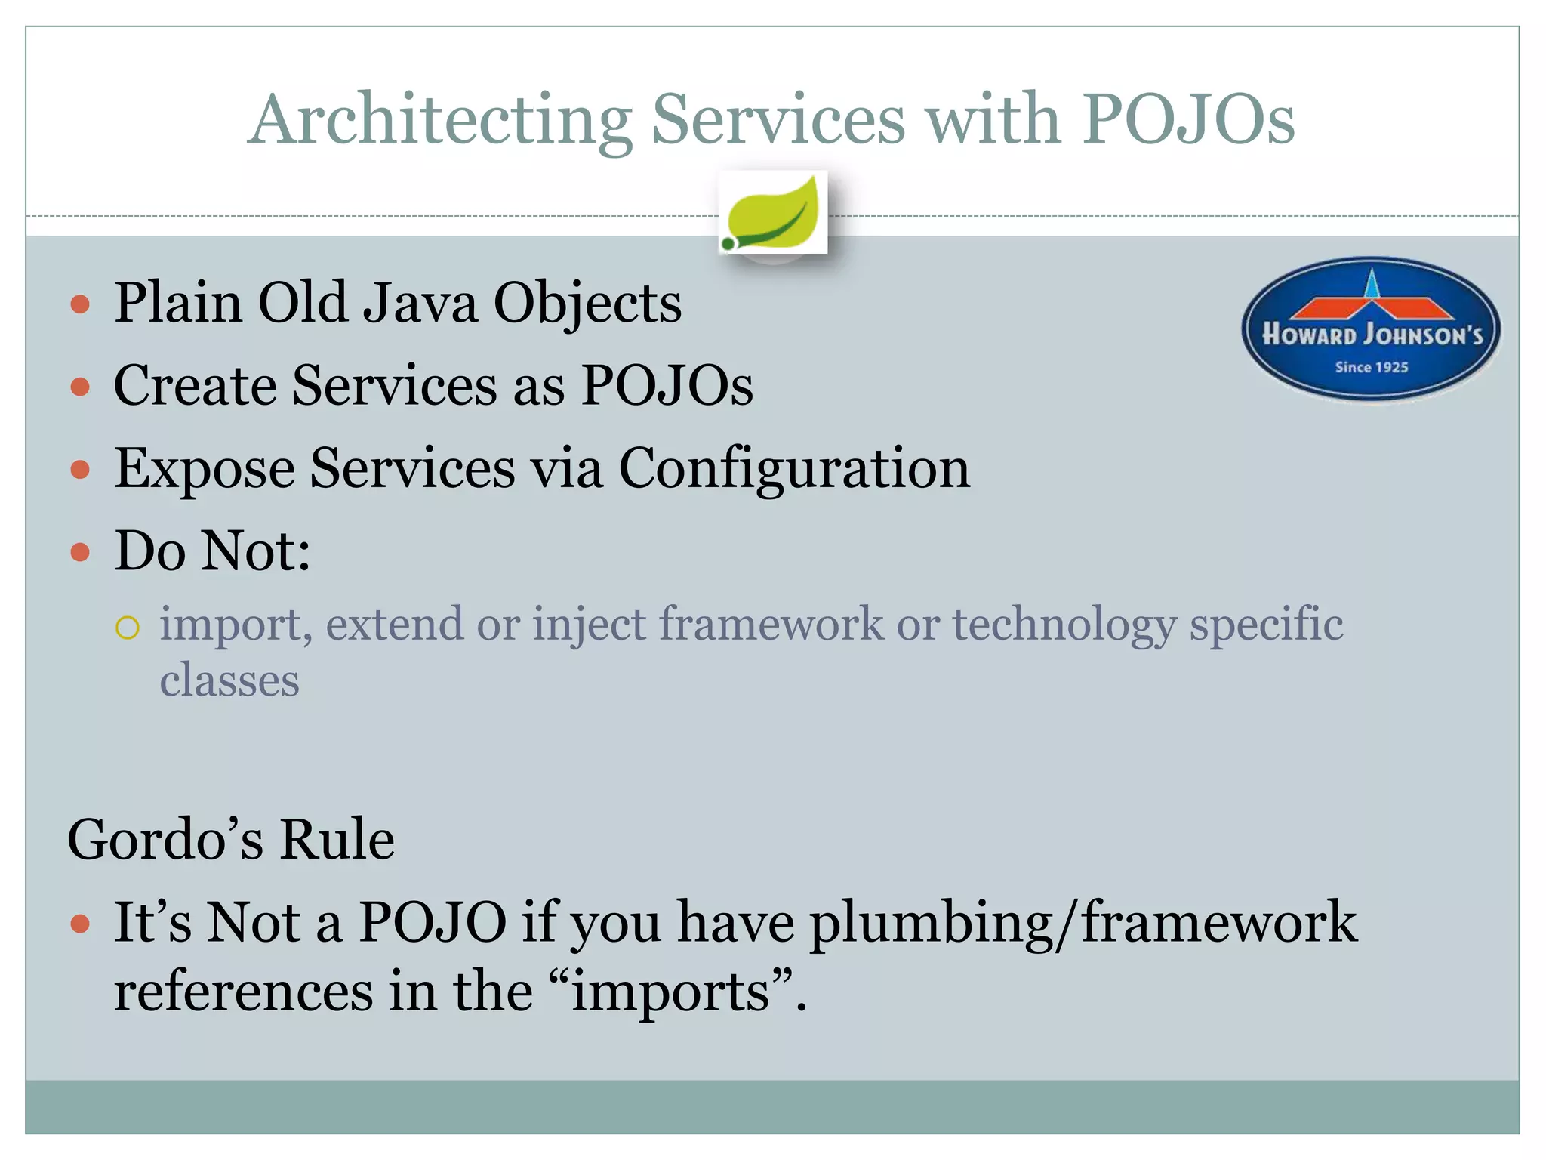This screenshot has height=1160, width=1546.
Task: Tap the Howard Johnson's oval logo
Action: [x=1371, y=329]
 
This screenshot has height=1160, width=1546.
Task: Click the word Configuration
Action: [x=794, y=469]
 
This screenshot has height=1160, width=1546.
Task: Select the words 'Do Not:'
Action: [x=212, y=551]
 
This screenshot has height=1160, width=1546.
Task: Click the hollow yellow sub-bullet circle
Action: [x=128, y=628]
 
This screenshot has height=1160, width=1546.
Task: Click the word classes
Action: [x=229, y=680]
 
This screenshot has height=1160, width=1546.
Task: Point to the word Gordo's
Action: [x=165, y=840]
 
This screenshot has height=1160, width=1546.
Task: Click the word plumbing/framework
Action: [x=1083, y=923]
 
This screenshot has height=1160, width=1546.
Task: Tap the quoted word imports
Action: [x=672, y=992]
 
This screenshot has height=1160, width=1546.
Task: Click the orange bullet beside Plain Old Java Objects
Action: [x=80, y=305]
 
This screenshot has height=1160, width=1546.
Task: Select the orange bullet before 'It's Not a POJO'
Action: [x=80, y=924]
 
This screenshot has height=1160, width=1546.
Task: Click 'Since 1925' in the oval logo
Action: [x=1371, y=368]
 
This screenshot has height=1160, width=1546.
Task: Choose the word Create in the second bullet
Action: [x=195, y=386]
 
